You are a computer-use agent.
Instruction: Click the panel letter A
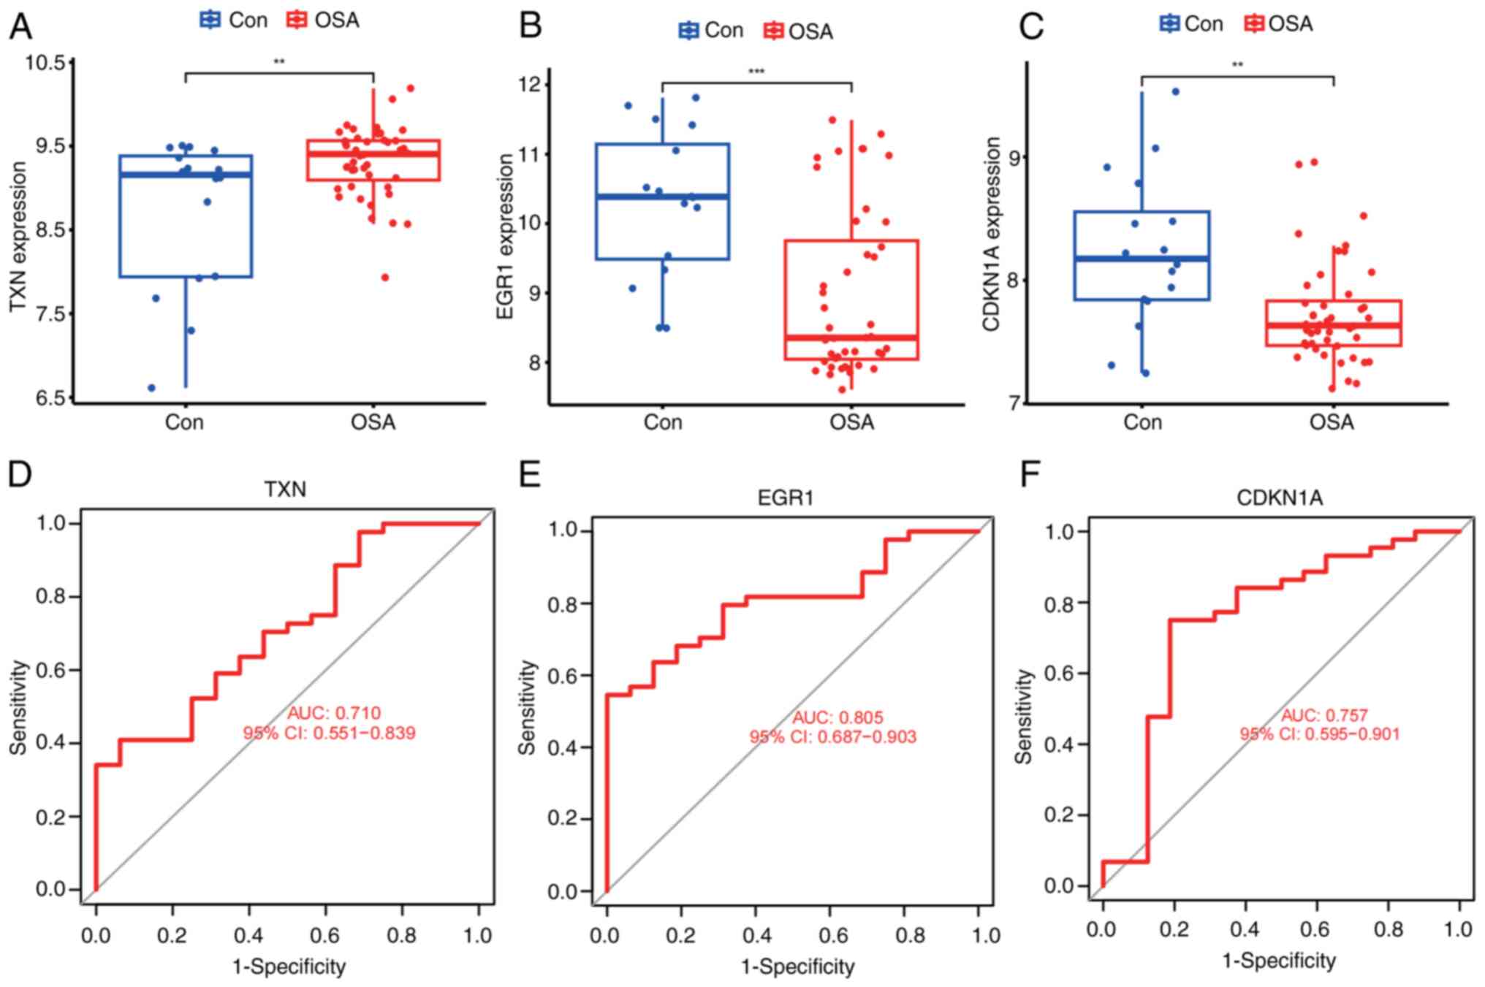coord(20,27)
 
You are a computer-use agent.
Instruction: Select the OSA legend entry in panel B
coord(798,31)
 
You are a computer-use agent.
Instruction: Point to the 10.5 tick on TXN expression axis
coord(45,62)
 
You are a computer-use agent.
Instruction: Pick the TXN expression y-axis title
coord(18,236)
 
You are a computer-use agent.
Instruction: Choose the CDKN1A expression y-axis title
coord(992,234)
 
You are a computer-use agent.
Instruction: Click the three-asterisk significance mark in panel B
coord(756,72)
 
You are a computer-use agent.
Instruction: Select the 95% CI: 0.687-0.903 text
coord(832,736)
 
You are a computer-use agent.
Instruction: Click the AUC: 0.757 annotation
coord(1323,715)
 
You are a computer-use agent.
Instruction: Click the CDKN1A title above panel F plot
coord(1279,498)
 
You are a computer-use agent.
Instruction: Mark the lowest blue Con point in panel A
coord(151,387)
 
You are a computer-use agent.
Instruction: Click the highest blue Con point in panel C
coord(1175,91)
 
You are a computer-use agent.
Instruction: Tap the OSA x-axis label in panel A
coord(373,422)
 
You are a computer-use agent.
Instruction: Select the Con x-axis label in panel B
coord(662,422)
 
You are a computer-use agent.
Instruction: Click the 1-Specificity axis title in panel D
coord(289,967)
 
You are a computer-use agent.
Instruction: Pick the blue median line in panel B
coord(662,197)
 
